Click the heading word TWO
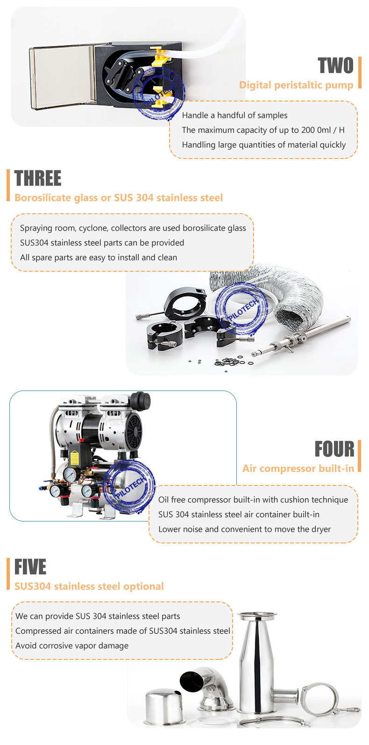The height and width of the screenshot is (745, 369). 335,66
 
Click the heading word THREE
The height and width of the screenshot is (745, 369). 38,179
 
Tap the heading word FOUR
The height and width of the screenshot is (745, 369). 334,449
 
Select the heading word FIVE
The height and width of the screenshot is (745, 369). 30,567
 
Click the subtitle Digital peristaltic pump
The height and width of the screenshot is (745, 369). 296,85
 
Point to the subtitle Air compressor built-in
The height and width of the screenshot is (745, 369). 298,469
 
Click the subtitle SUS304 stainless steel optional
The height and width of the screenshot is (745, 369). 89,586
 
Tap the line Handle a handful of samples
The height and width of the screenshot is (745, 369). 234,116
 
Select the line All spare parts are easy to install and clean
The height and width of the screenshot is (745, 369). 99,258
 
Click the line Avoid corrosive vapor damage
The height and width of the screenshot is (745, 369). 72,646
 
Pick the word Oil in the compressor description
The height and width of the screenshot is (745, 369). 164,500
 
